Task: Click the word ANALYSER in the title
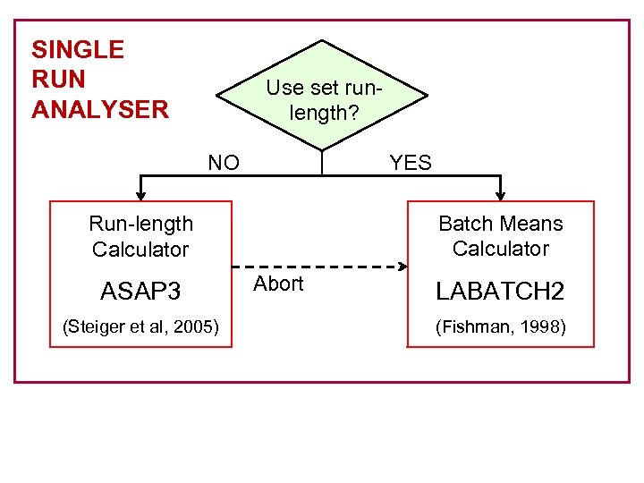(99, 110)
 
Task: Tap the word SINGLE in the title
(78, 49)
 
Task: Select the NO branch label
(224, 163)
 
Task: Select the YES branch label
(411, 163)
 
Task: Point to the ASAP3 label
(140, 292)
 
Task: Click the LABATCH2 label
(500, 292)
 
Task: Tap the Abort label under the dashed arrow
(278, 284)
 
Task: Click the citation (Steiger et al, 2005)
(140, 326)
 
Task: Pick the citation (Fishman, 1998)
(500, 326)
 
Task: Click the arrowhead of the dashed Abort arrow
(402, 266)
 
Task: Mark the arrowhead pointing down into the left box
(140, 193)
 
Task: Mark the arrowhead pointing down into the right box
(500, 193)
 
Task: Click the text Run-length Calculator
(140, 236)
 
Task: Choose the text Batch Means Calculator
(500, 236)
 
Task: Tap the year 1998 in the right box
(539, 326)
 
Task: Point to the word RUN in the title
(58, 80)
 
